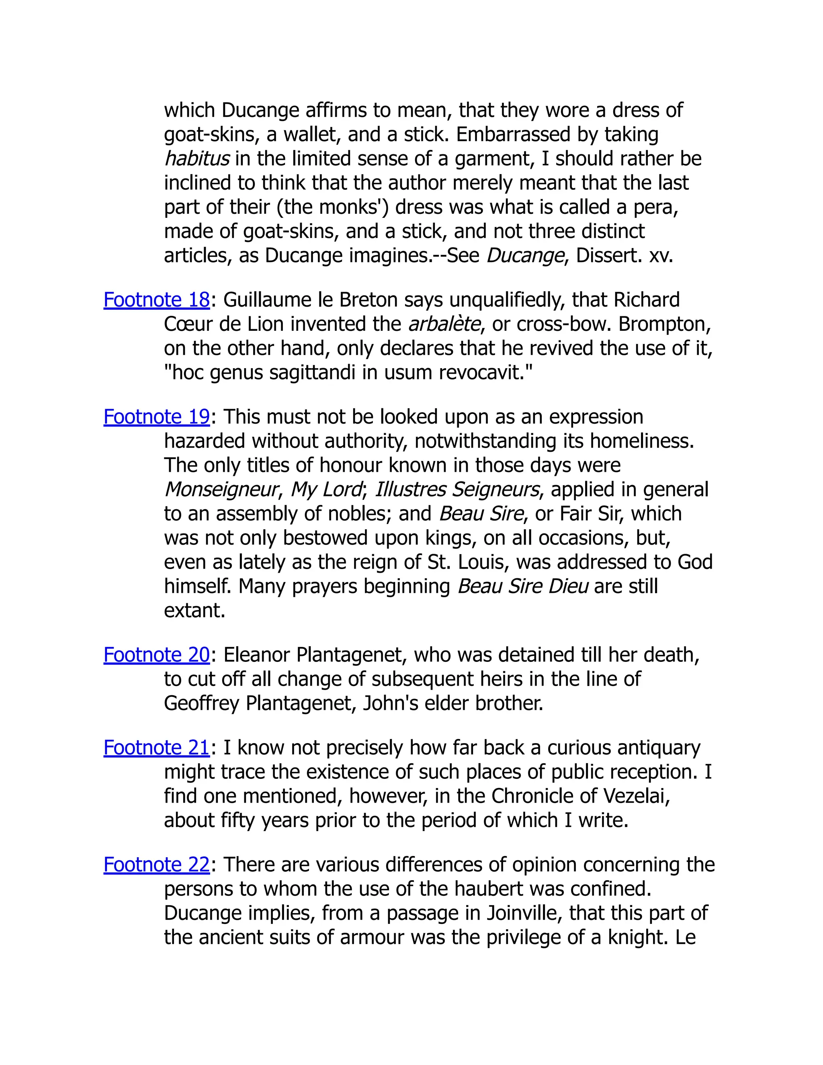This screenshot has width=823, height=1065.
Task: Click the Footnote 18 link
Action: pos(156,300)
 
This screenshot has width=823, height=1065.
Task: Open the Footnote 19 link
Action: pos(156,417)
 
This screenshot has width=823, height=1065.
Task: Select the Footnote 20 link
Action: pos(156,655)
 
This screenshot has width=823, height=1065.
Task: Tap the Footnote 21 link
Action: pos(156,748)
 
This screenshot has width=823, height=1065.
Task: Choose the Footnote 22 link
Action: pos(156,864)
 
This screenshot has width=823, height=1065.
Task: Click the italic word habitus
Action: pos(197,158)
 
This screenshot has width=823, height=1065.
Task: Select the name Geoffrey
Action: pos(201,703)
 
